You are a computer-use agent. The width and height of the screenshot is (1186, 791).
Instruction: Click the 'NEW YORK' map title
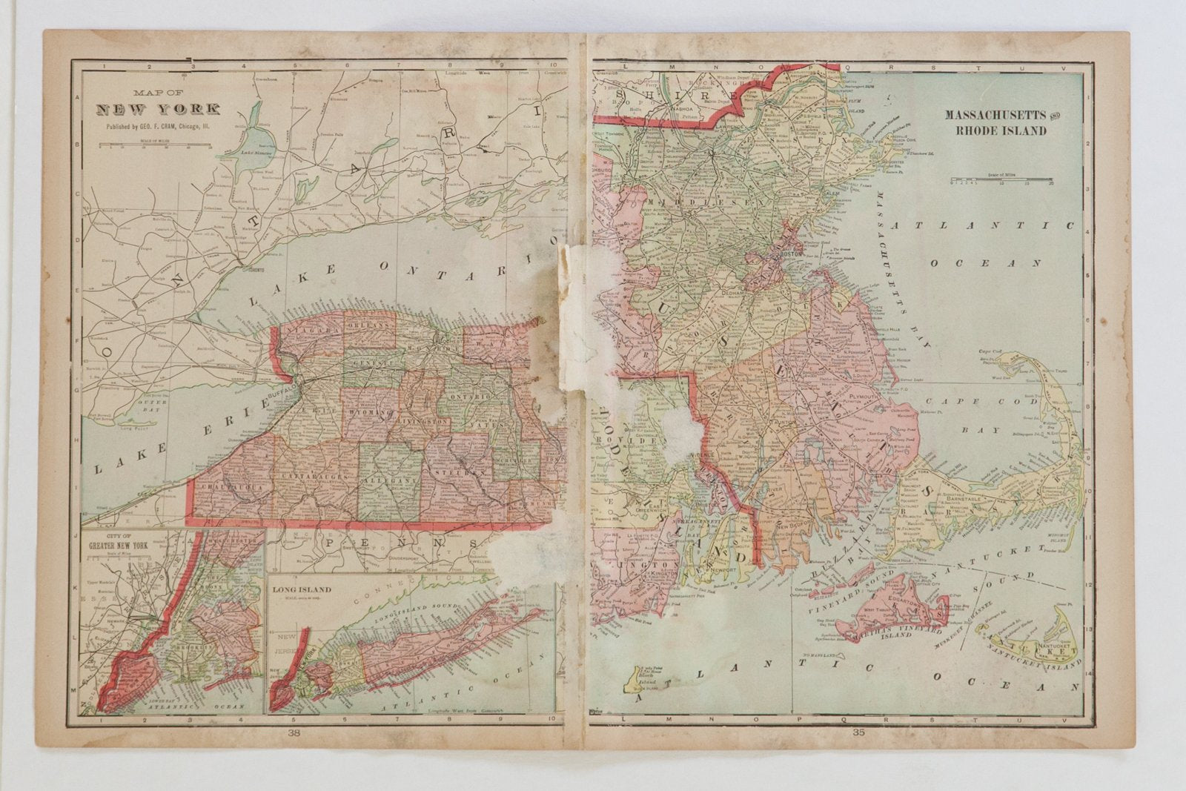(158, 110)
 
